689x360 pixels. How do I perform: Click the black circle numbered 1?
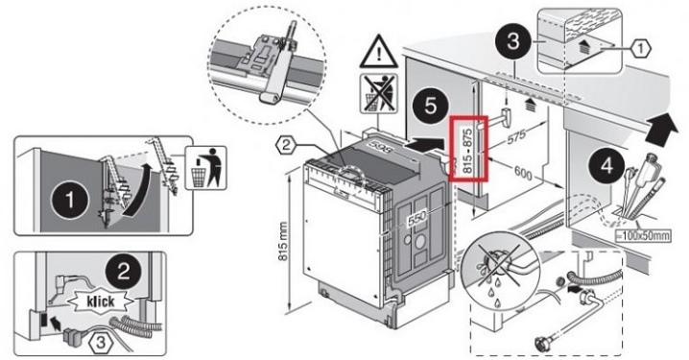tap(70, 201)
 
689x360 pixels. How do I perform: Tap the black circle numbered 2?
tap(123, 271)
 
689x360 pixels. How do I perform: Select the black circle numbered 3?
tap(513, 41)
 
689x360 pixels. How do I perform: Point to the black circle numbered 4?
tap(606, 167)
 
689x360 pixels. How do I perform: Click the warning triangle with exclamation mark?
tap(379, 52)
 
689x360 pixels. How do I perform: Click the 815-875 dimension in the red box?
tap(468, 150)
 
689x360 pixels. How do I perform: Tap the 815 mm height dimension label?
tap(283, 242)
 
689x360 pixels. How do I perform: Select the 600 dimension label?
tap(523, 173)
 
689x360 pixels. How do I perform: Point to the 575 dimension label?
tap(516, 136)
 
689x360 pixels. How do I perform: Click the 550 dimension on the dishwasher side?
tap(416, 219)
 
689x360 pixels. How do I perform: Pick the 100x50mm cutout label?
tap(643, 235)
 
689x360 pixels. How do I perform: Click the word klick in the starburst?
tap(100, 301)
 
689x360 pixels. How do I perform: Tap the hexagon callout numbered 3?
tap(101, 343)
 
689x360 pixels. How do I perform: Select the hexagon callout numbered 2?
tap(286, 146)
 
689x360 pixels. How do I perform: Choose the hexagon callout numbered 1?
tap(641, 49)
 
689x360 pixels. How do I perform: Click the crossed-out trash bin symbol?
tap(379, 94)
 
